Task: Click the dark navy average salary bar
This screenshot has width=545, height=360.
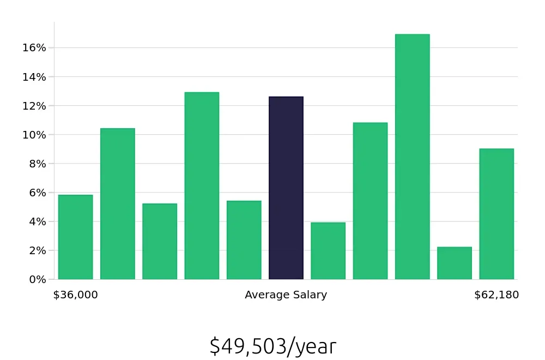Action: tap(286, 188)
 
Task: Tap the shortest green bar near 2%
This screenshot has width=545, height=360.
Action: tap(455, 263)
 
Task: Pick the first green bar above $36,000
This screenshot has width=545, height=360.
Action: tap(76, 237)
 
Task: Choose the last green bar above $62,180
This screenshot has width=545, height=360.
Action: tap(496, 214)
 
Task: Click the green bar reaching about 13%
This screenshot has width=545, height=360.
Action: tap(202, 186)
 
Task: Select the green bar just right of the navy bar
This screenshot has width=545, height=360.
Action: tap(328, 251)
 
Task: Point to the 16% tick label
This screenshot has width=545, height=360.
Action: tap(34, 48)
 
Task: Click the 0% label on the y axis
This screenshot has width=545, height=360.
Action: tap(38, 280)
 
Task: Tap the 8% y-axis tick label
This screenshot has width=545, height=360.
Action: tap(38, 164)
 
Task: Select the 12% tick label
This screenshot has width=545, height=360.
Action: tap(34, 106)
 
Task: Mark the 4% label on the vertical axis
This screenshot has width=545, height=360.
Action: tap(38, 221)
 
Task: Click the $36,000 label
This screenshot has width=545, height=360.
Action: tap(75, 295)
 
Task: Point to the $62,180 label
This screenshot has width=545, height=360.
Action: tap(496, 295)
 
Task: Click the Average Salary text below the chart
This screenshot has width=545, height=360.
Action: tap(286, 295)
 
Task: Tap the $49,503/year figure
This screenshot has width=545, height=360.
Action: tap(272, 346)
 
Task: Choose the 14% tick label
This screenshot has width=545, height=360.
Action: tap(34, 77)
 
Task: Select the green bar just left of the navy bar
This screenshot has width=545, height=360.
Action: tap(244, 240)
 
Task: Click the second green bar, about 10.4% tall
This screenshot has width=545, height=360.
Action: tap(118, 204)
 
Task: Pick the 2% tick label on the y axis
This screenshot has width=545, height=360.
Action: tap(38, 250)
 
